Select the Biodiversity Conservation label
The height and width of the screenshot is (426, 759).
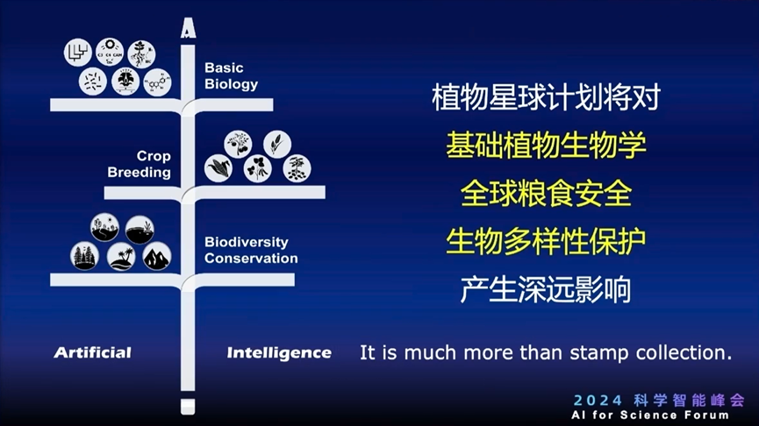(251, 251)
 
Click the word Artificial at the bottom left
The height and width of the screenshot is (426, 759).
(92, 352)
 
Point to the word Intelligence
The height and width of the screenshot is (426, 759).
(279, 352)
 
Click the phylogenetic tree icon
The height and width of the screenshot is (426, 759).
(77, 53)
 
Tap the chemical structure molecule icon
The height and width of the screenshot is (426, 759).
(157, 82)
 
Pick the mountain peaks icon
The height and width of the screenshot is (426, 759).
(157, 256)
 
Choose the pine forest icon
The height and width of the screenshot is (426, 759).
(85, 256)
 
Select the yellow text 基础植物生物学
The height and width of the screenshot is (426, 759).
(546, 145)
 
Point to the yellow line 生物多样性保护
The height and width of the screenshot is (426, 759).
(546, 240)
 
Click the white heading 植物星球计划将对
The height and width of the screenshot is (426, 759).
(546, 96)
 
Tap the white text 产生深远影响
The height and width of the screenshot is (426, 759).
(546, 289)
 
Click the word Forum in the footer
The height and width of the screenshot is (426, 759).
(706, 415)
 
